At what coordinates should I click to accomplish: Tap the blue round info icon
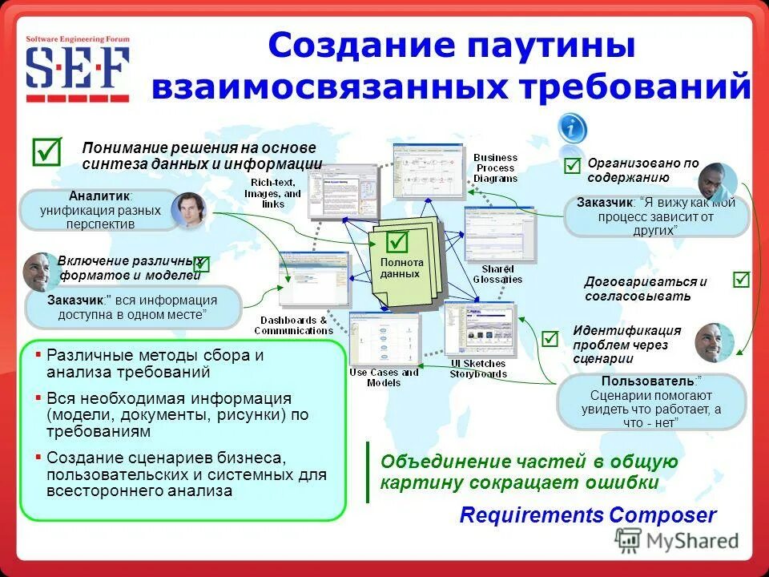[x=572, y=128]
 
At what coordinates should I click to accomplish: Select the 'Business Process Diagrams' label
[x=496, y=168]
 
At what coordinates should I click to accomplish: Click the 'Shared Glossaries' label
[x=497, y=274]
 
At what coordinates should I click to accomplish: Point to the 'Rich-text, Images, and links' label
[x=273, y=193]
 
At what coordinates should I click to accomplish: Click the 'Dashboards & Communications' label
[x=294, y=325]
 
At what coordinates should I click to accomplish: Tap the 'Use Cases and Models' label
[x=384, y=377]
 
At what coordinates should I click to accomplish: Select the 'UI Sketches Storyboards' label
[x=477, y=369]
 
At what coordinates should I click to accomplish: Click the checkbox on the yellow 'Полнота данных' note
[x=397, y=241]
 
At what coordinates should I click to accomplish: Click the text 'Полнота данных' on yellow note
[x=401, y=268]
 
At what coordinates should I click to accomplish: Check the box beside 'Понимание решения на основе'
[x=46, y=151]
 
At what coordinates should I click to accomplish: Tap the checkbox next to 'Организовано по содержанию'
[x=572, y=166]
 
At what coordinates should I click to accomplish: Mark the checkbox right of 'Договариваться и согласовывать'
[x=741, y=280]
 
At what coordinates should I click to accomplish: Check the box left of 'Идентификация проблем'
[x=550, y=339]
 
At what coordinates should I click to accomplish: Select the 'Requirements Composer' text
[x=588, y=515]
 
